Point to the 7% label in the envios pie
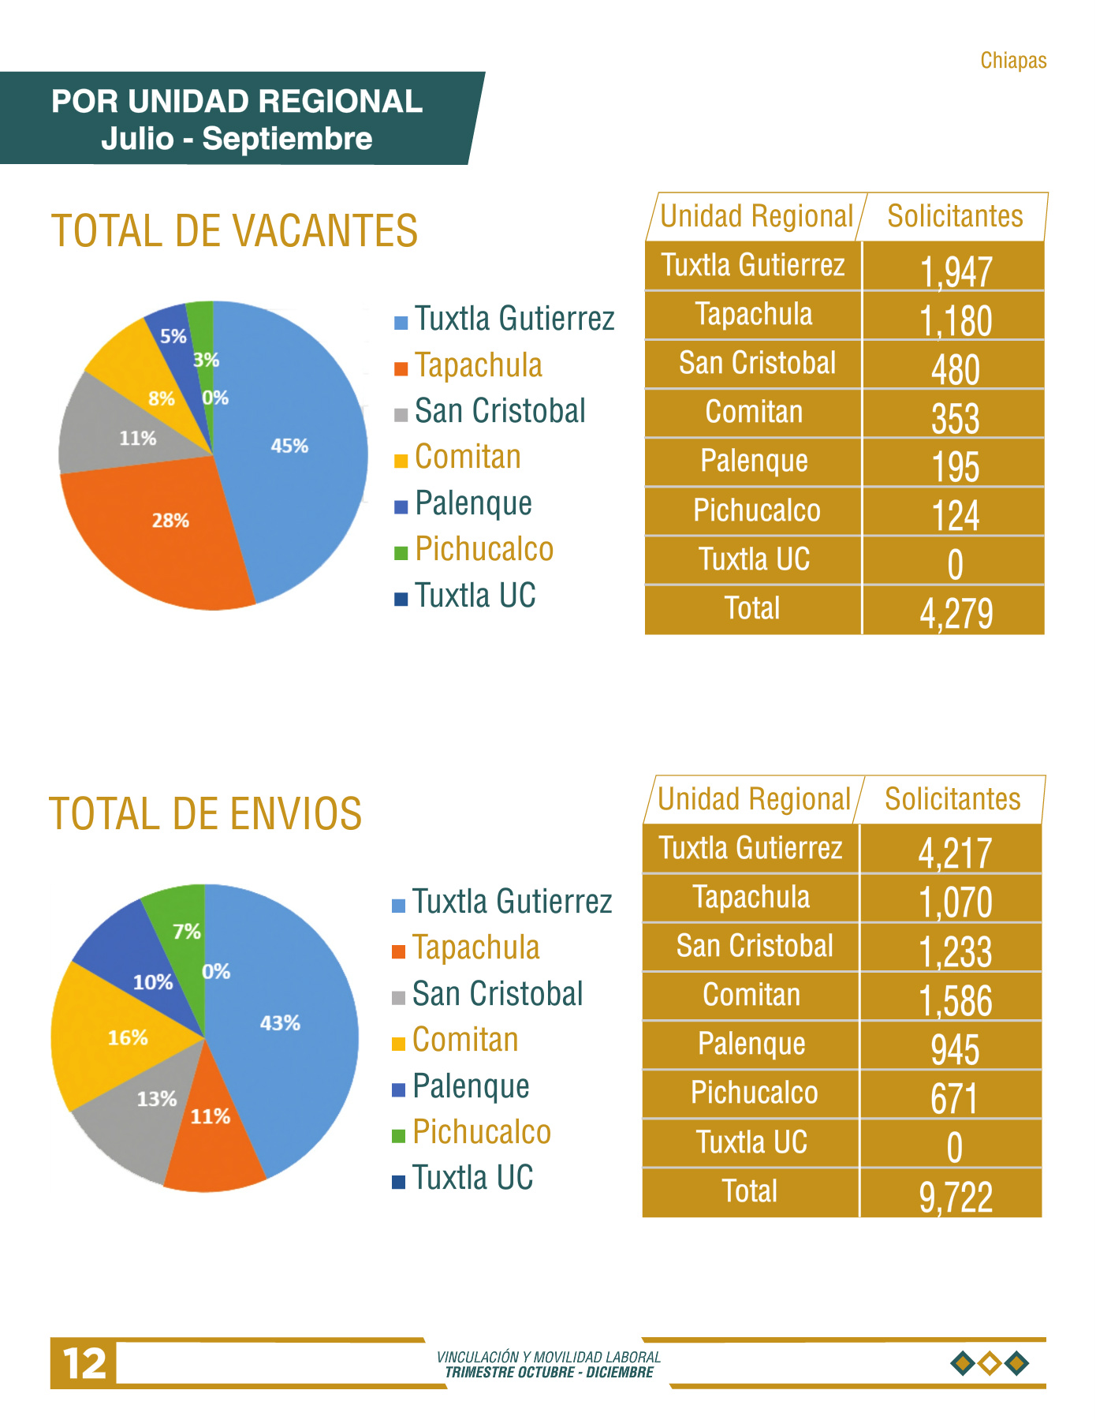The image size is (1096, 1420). click(187, 932)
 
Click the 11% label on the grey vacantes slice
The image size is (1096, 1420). click(138, 438)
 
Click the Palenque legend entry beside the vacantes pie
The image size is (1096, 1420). click(464, 503)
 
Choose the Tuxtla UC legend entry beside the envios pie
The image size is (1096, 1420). click(463, 1178)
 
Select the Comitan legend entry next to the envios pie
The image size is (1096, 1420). click(456, 1041)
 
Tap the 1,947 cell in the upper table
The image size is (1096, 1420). click(956, 271)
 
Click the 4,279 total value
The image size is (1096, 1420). click(956, 613)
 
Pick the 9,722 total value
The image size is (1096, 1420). click(956, 1196)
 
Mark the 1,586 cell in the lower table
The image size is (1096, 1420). click(956, 1000)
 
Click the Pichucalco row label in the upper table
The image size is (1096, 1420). click(756, 510)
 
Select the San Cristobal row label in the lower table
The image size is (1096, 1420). click(755, 946)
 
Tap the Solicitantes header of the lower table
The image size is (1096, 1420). click(952, 799)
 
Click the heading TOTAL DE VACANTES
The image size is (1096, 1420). click(234, 231)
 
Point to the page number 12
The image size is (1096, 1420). click(84, 1363)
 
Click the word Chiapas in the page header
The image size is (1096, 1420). click(1013, 61)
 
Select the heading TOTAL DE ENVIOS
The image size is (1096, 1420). click(205, 814)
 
